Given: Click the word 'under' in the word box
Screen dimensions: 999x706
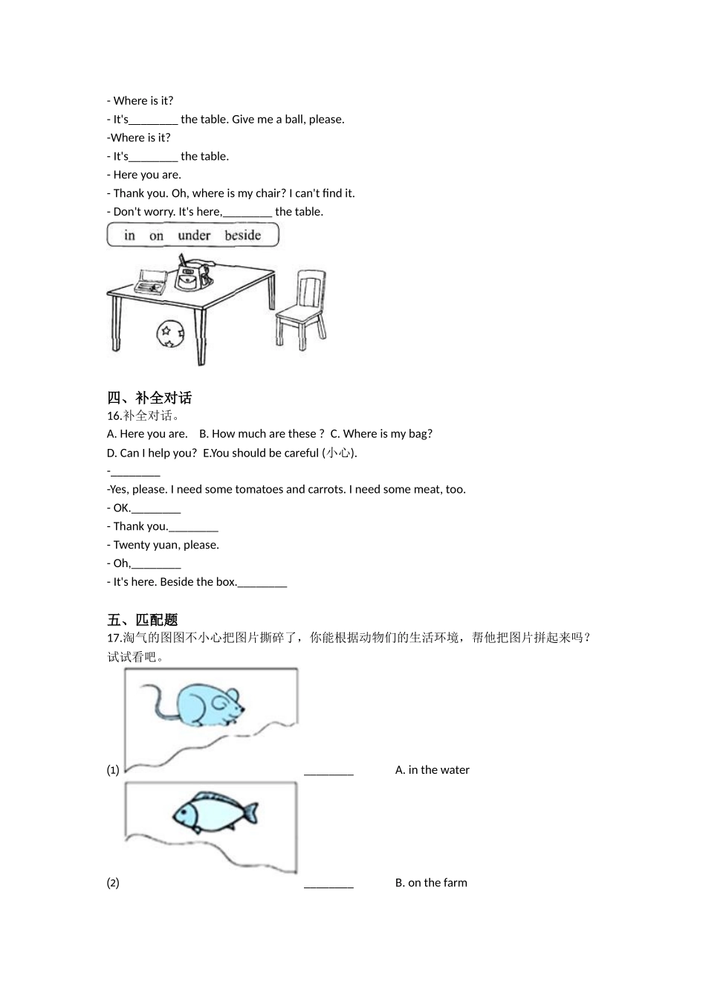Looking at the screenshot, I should (x=194, y=236).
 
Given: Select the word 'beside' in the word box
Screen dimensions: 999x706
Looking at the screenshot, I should (x=243, y=236).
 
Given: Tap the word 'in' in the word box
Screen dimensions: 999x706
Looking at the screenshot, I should (x=130, y=236).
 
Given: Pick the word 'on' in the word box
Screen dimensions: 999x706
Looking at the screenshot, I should (x=156, y=236).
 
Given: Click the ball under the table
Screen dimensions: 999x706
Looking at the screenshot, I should (x=170, y=334).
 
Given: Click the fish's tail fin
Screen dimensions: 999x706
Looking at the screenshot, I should (x=251, y=812).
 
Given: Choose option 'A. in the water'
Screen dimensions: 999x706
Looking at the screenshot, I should (x=432, y=770).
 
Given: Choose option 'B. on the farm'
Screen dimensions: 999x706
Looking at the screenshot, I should (x=431, y=883).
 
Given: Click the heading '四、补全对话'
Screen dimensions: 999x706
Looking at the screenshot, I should (x=149, y=398).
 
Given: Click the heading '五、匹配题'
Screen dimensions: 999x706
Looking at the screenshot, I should (x=143, y=620).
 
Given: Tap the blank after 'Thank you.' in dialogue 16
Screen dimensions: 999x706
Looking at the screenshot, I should (x=193, y=528).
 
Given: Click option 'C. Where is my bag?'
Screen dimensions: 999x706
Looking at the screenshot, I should (x=381, y=434).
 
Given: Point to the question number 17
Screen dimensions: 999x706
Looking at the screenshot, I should (x=114, y=638).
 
